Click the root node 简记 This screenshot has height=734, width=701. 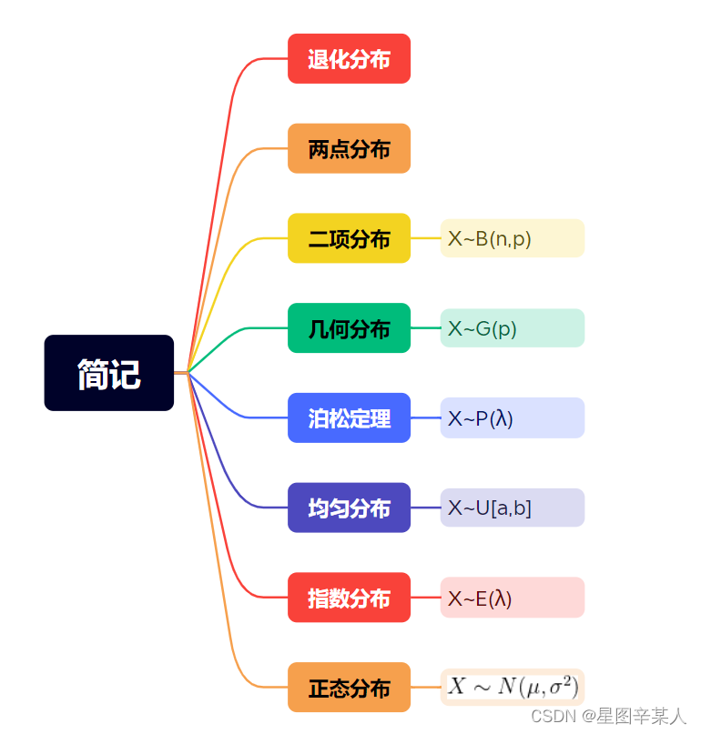click(x=108, y=373)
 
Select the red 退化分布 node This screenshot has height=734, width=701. click(x=349, y=59)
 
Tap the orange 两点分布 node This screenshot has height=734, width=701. click(x=349, y=148)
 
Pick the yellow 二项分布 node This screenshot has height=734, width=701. click(x=349, y=238)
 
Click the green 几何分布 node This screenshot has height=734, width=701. click(x=349, y=327)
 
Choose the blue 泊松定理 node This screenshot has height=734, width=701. click(x=349, y=417)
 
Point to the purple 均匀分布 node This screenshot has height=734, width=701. click(x=349, y=508)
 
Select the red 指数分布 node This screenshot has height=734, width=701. click(x=349, y=598)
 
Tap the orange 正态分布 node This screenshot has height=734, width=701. click(x=349, y=688)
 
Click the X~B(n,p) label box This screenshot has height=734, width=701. click(x=512, y=238)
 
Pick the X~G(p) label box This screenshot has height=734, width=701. click(x=512, y=327)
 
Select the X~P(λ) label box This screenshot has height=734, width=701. click(x=512, y=417)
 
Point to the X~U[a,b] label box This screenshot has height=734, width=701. click(x=512, y=508)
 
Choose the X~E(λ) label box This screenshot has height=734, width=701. click(x=512, y=598)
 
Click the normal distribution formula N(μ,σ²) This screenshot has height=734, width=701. click(x=512, y=686)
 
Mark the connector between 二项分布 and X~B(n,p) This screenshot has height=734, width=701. click(x=425, y=238)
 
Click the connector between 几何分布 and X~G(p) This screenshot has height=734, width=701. click(x=425, y=327)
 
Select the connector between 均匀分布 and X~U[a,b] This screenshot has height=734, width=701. click(x=425, y=508)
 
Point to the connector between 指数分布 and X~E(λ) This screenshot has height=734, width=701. click(x=425, y=598)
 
